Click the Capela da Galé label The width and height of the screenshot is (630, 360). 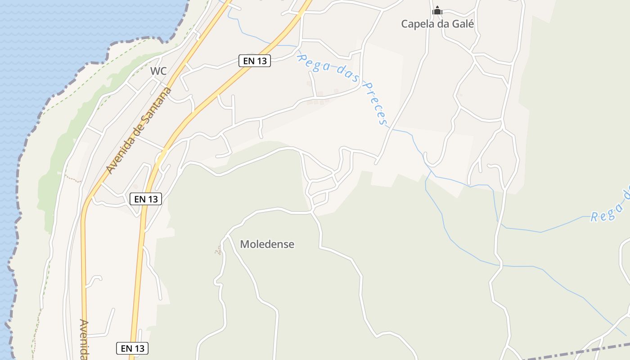(x=437, y=24)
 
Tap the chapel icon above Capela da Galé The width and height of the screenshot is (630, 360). (x=437, y=10)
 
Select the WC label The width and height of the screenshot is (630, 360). (x=158, y=71)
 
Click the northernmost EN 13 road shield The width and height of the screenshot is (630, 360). (x=255, y=61)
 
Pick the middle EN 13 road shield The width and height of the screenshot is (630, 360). (x=146, y=199)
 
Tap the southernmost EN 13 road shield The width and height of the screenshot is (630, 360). (x=132, y=348)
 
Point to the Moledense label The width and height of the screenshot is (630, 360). (x=267, y=244)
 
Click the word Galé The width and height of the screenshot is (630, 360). (x=461, y=24)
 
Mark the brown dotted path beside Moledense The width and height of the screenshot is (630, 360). (x=219, y=250)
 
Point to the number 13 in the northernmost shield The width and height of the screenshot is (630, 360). (x=262, y=61)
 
